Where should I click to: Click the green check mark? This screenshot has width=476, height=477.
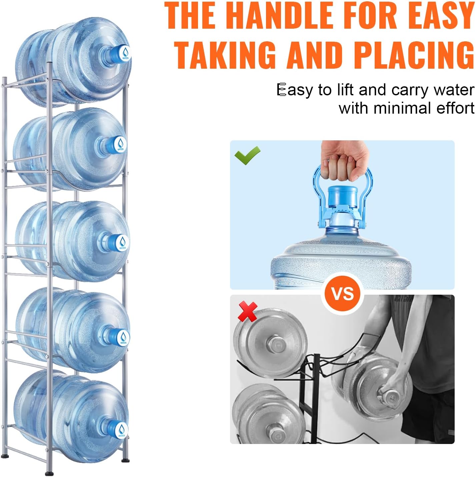(x=247, y=155)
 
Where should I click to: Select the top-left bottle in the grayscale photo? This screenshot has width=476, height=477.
(x=270, y=343)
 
